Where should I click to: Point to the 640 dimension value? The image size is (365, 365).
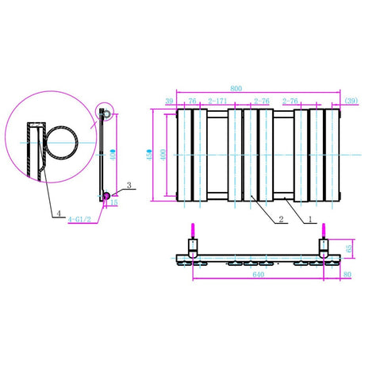257,277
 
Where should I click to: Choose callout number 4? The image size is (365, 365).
60,213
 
